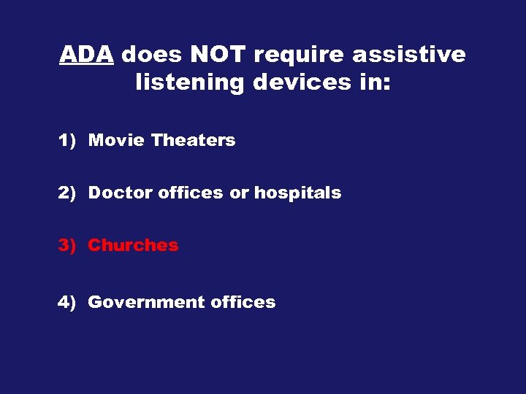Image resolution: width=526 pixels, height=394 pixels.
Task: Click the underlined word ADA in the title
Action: [86, 55]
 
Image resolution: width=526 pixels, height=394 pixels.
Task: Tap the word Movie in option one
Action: [116, 140]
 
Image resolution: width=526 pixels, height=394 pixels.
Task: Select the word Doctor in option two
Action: [120, 193]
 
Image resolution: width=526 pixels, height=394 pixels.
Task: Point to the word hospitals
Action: [297, 193]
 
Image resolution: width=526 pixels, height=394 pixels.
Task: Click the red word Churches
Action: [133, 245]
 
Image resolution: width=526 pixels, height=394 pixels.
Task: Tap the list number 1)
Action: [68, 140]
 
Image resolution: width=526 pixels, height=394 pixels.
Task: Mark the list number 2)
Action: [68, 193]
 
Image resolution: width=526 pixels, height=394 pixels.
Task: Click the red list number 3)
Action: [68, 245]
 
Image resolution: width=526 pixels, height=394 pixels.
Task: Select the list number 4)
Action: [68, 302]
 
